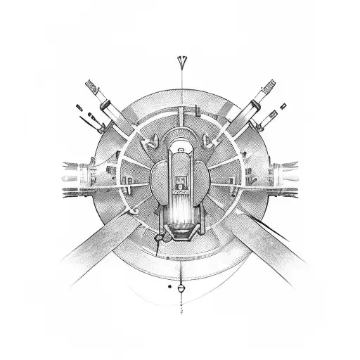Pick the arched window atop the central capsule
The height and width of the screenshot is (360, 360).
(180, 146)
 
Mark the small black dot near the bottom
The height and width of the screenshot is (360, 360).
(169, 286)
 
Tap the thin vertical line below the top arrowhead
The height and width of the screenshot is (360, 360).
(180, 88)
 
